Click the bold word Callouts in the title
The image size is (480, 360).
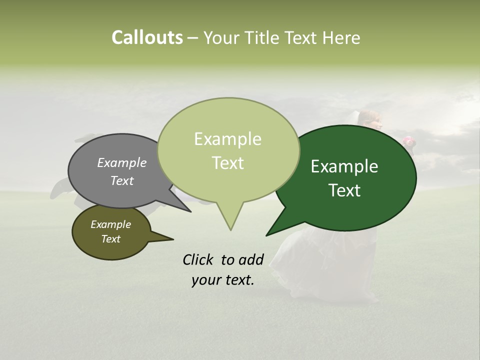coord(147,37)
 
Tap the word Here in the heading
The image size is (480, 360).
coord(342,38)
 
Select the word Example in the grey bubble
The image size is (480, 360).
coord(122,162)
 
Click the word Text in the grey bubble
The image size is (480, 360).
coord(122,180)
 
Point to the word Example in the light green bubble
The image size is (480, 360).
coord(227,139)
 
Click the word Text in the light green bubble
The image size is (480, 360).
coord(227,163)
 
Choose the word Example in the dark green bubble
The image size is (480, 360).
coord(344,166)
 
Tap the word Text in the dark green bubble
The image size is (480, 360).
coord(344,190)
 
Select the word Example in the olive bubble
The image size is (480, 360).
coord(110,224)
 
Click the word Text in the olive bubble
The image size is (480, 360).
coord(110,239)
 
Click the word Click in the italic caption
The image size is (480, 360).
coord(199,259)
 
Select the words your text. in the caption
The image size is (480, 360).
coord(223,280)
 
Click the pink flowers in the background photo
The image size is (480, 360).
coord(409,141)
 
